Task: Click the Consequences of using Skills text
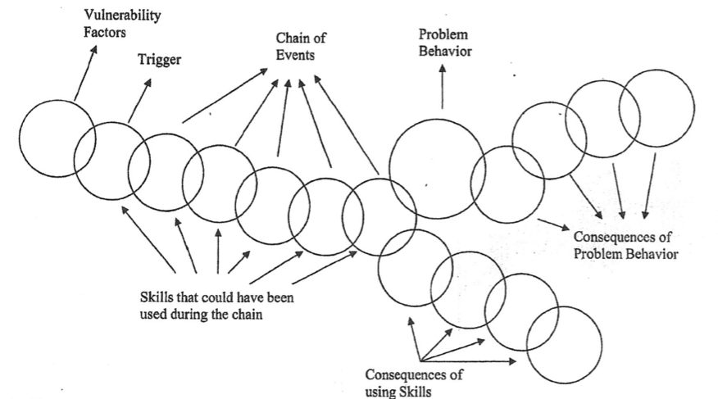point(413,383)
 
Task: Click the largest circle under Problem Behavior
point(436,168)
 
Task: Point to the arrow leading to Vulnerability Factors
point(85,74)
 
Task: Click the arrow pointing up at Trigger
point(140,100)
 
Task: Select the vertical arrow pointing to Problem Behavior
point(443,88)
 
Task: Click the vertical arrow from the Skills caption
point(217,250)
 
